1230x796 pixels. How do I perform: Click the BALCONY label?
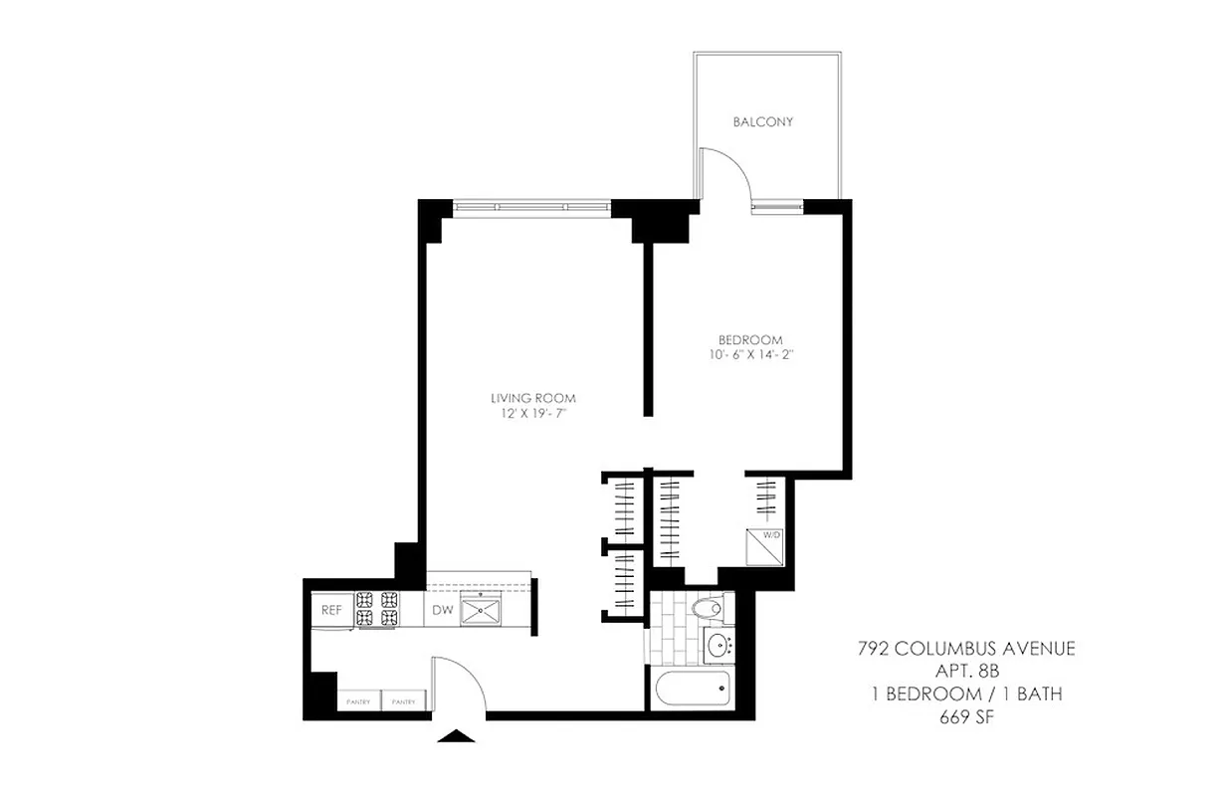point(762,122)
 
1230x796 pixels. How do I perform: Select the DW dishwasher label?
point(442,610)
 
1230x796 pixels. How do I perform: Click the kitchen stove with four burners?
point(378,610)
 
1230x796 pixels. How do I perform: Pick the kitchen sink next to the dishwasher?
point(487,608)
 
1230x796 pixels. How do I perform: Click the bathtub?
point(693,689)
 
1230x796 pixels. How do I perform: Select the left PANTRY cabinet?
point(358,701)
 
